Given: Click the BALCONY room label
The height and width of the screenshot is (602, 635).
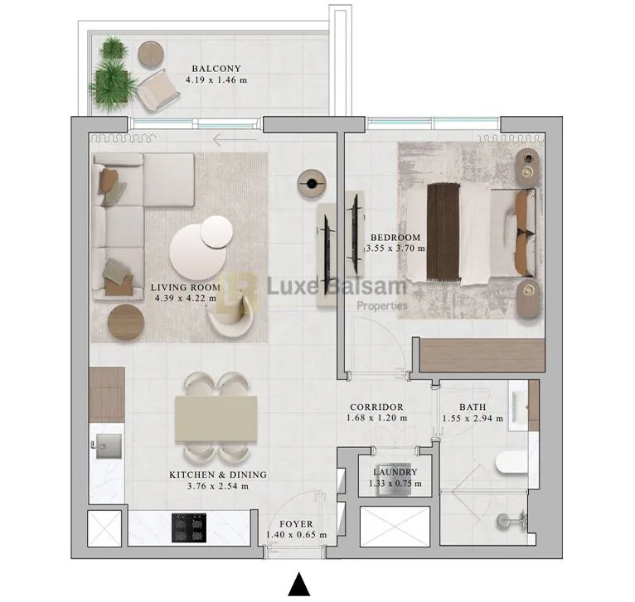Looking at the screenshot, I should pos(216,69).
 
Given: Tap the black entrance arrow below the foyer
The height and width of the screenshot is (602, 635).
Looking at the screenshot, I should pos(299,585).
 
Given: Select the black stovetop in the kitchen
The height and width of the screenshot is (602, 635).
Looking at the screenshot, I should pos(189,527).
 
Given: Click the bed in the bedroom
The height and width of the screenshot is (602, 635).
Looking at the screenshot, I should pos(481,234).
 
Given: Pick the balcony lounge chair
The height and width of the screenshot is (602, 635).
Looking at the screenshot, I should pos(158,90).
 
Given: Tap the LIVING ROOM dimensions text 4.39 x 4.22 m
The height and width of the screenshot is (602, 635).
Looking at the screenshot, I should pos(186,301).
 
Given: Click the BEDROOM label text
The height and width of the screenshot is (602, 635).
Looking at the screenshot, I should pos(396,237).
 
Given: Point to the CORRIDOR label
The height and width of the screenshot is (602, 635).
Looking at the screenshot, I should pos(376,407).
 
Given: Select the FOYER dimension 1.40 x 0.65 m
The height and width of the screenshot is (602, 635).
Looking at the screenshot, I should pos(296,535).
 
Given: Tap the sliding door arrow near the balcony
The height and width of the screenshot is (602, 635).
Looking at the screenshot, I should pos(233,140).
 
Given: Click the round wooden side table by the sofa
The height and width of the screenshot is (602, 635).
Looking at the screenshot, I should pos(126,322).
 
